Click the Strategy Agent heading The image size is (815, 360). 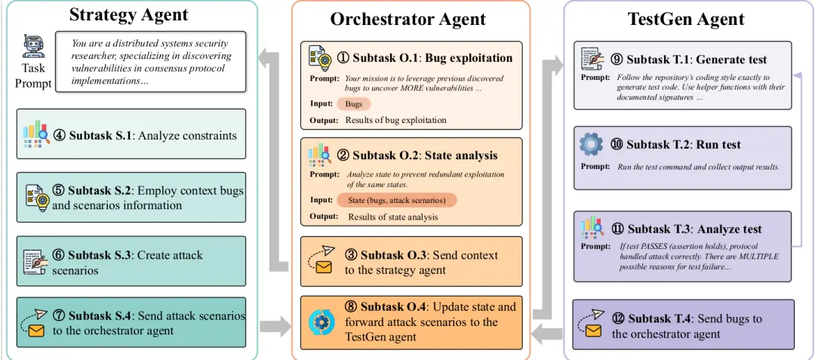coord(128,14)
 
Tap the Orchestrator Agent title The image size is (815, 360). coord(408,19)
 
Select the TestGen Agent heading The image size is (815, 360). coord(686,19)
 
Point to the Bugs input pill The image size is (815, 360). coord(354,104)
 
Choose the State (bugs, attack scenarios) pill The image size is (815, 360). coord(397,201)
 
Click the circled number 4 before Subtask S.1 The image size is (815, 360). coord(60,136)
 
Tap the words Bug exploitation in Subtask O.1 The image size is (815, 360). coord(469,57)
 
